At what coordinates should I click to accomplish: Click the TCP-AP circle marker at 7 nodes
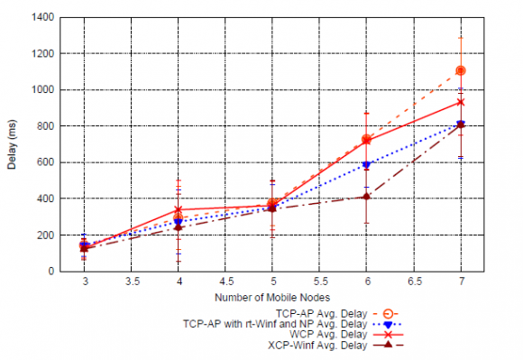[x=461, y=70]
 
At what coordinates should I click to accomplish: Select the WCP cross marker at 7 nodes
[x=461, y=102]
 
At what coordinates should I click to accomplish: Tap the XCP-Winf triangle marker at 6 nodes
[x=366, y=196]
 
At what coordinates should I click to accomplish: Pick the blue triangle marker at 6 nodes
[x=366, y=165]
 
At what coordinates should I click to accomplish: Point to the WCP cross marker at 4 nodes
[x=179, y=209]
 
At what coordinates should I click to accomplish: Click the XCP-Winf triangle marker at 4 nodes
[x=179, y=226]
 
